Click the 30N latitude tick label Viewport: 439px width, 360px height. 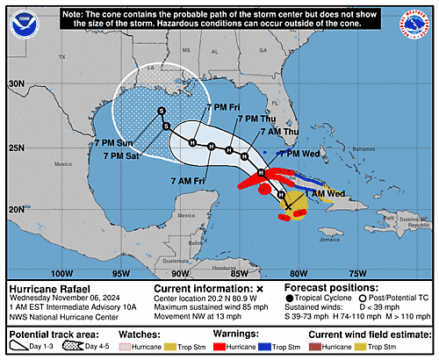tap(15, 83)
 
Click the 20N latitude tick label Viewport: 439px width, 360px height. tap(15, 209)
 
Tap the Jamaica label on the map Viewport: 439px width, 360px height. tap(330, 238)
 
